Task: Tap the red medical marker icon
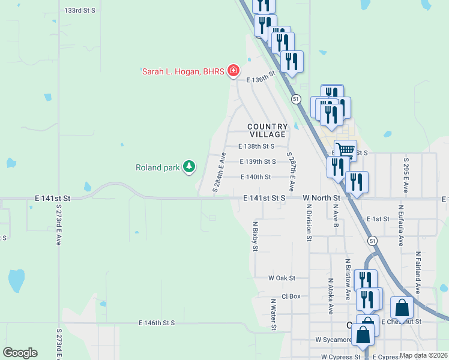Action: point(234,71)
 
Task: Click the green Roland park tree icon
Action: point(189,167)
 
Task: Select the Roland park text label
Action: point(157,167)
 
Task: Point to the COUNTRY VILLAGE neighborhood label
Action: point(268,130)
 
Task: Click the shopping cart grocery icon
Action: point(345,149)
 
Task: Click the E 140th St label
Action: point(256,177)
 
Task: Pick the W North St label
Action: point(321,197)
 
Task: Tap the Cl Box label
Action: point(291,296)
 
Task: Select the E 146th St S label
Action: point(156,323)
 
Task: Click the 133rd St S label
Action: point(80,11)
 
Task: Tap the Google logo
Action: point(20,353)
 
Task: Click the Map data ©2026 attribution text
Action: point(423,355)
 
